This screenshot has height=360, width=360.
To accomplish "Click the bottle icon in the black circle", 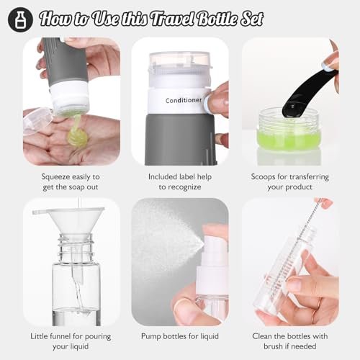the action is coord(20,19).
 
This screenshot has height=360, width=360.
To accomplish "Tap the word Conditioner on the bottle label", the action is coord(184,100).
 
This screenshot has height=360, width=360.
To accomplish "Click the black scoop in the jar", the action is coord(310,92).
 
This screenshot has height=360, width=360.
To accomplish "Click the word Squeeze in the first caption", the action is coord(56,177).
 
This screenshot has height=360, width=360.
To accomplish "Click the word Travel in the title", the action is coord(174,19).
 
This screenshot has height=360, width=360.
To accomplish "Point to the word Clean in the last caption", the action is coord(262,336).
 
